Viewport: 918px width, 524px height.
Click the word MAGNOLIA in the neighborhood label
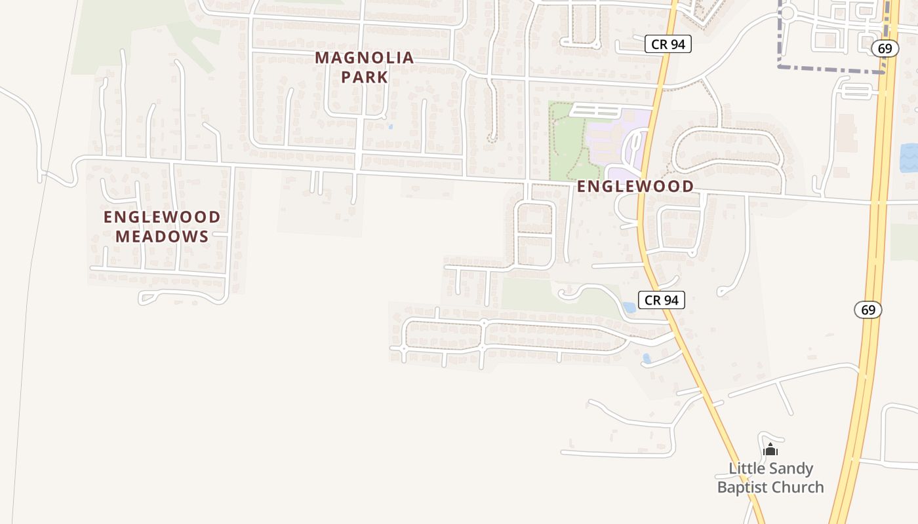coord(364,58)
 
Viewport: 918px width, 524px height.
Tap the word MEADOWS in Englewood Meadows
coord(162,236)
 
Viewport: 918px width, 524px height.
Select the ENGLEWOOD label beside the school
coord(635,186)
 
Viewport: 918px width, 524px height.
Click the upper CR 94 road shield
coord(668,44)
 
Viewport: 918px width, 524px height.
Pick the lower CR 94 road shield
coord(662,300)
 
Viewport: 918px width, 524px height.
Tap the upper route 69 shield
coord(885,48)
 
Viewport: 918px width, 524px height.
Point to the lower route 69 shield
coord(868,309)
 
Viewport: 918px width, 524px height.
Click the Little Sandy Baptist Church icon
coord(770,449)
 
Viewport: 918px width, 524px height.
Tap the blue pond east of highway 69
coord(909,158)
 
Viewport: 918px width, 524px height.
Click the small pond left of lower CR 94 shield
coord(629,307)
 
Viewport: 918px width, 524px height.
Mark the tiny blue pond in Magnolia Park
coord(390,126)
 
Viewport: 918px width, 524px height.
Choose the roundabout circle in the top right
coord(788,12)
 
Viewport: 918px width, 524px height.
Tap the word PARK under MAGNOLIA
coord(364,77)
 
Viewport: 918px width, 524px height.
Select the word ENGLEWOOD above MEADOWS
coord(162,217)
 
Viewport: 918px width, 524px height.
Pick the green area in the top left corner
coord(125,33)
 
